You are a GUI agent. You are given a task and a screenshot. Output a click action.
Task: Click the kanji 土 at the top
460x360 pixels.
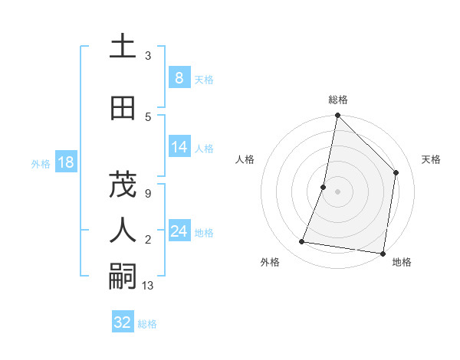[x=123, y=47]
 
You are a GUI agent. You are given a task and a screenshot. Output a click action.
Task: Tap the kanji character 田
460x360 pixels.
[x=123, y=108]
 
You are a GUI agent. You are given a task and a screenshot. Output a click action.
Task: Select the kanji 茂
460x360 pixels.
[x=123, y=185]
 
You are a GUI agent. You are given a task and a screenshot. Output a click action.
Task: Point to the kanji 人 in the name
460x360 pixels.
[x=123, y=229]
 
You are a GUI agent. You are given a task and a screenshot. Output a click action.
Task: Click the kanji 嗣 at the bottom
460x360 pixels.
[x=123, y=275]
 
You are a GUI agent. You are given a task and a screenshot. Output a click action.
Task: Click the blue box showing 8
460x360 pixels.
[x=179, y=78]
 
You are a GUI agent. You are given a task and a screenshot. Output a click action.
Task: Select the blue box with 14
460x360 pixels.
[x=179, y=147]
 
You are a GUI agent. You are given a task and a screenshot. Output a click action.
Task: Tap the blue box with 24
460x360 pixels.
[x=179, y=231]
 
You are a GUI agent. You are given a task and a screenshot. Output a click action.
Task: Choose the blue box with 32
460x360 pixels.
[x=123, y=322]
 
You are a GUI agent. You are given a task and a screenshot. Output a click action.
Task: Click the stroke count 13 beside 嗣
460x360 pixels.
[x=148, y=286]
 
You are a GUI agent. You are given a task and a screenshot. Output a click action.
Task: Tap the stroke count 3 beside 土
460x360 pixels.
[x=147, y=56]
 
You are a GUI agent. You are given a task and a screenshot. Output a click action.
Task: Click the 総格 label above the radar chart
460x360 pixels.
[x=337, y=100]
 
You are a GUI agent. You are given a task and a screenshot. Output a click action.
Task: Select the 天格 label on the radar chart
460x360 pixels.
[x=431, y=159]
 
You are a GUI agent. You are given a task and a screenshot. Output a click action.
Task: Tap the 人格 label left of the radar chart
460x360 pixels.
[x=245, y=159]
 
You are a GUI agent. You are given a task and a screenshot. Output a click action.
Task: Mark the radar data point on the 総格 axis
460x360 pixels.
[x=337, y=116]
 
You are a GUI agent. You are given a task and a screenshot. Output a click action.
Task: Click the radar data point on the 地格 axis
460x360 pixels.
[x=383, y=253]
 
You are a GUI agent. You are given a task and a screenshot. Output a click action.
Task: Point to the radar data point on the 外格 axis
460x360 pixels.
[x=302, y=242]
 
